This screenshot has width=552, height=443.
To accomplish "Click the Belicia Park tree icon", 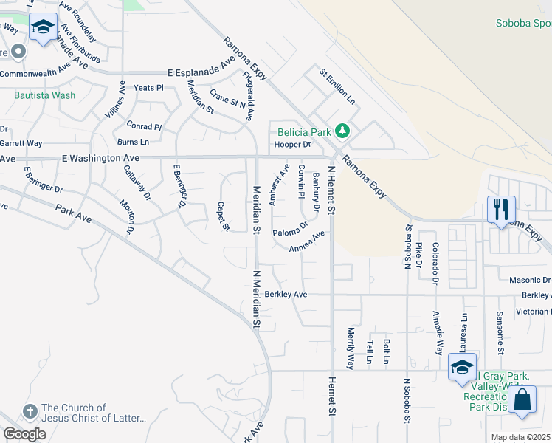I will coord(341,131).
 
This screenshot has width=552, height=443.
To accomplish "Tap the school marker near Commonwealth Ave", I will coord(44,27).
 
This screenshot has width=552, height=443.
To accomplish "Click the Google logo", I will coord(24,433).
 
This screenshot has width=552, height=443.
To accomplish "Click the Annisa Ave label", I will coord(307,242).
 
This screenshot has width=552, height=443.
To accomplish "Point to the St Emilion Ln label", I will coord(337,86).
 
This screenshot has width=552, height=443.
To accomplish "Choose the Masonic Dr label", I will coord(530,281).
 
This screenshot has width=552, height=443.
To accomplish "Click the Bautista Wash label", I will coord(44,95).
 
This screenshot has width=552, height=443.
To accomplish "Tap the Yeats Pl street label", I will coord(148,88).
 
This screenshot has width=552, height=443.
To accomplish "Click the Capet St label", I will coord(222,216).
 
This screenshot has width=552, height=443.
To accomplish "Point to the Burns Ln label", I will coord(133,142).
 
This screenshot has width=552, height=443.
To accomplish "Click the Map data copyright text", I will coord(520,437).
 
